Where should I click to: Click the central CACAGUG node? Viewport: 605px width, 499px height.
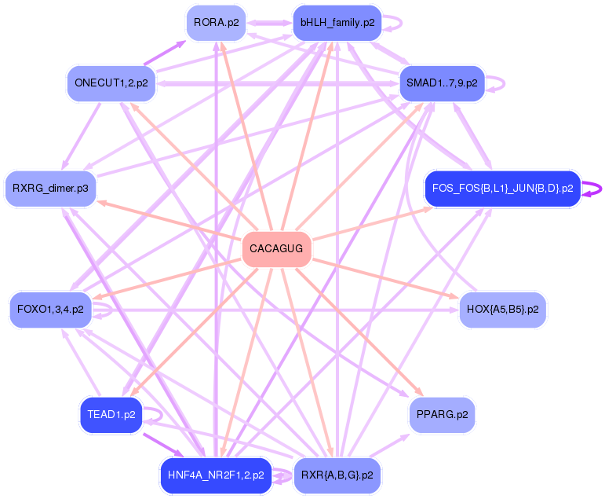coord(276,249)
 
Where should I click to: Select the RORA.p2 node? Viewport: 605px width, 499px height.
coord(216,23)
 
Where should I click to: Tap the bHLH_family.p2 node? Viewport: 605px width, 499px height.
coord(337,23)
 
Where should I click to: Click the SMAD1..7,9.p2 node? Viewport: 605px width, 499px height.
coord(442,83)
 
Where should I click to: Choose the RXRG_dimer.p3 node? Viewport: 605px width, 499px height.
coord(50,189)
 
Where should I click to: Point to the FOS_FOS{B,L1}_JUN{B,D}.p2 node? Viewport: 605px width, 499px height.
coord(502,189)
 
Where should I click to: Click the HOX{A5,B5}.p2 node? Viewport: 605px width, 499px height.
coord(502,310)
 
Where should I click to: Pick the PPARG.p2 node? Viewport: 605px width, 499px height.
coord(442,414)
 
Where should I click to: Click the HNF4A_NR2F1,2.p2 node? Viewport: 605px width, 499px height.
coord(216,475)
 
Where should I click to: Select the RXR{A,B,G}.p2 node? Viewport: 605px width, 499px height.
coord(337,475)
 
